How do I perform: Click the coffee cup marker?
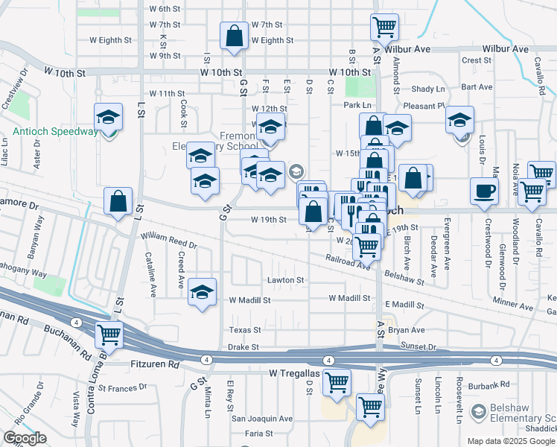(484, 190)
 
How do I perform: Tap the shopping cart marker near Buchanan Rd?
(109, 335)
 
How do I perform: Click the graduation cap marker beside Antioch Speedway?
(109, 118)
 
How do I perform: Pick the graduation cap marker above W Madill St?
(202, 293)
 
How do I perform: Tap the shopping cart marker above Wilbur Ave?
(384, 28)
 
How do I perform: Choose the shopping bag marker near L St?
(118, 201)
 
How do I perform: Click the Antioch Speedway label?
(55, 132)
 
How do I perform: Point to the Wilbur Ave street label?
(409, 49)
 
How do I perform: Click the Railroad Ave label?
(347, 261)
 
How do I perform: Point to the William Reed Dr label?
(168, 240)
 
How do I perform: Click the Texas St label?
(245, 329)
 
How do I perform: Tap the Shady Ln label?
(427, 88)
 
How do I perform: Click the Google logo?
(25, 438)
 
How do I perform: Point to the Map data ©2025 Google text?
(511, 441)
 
